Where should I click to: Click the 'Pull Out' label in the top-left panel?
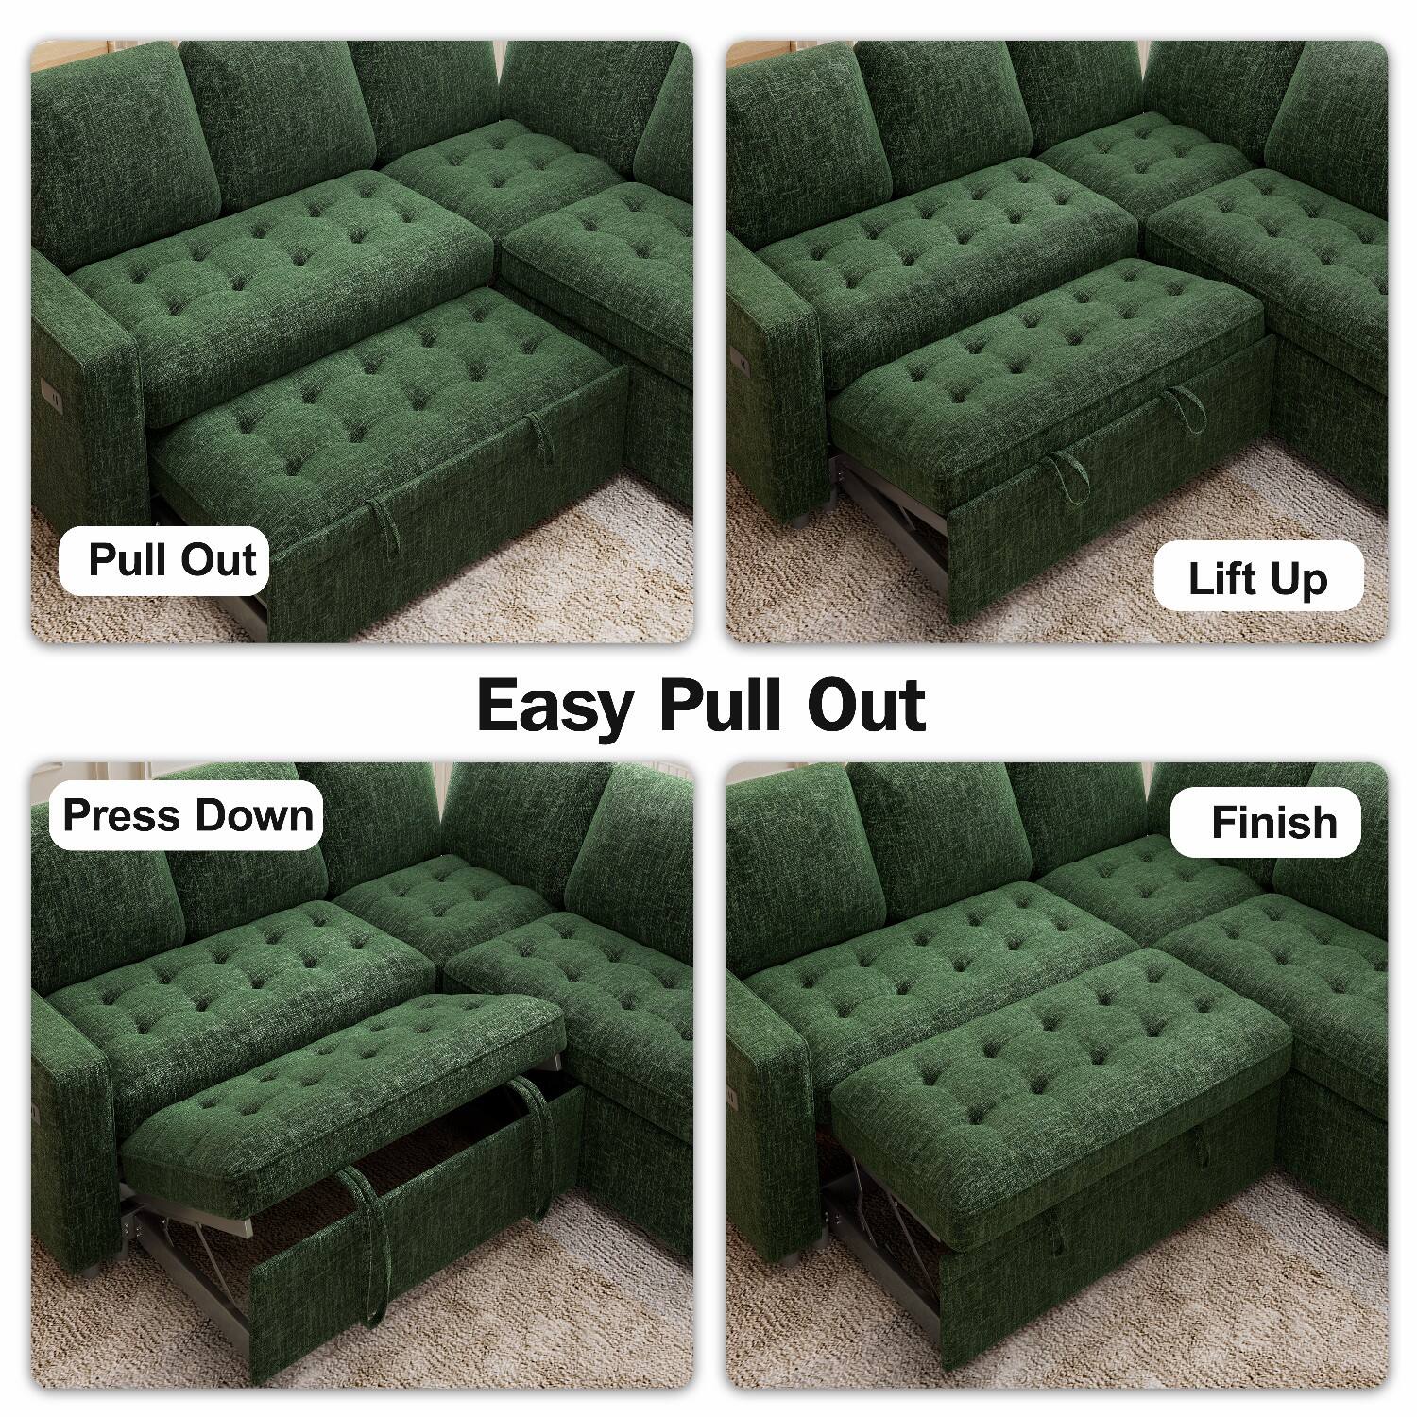pyautogui.click(x=171, y=560)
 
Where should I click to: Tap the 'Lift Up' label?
pyautogui.click(x=1257, y=579)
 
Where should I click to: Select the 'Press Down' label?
pyautogui.click(x=187, y=815)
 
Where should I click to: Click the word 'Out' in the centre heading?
pyautogui.click(x=866, y=706)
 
